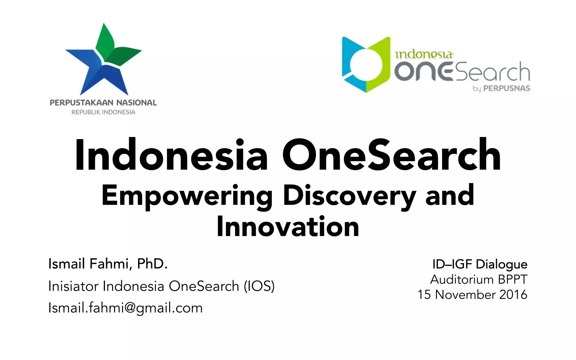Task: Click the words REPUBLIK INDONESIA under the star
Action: [103, 112]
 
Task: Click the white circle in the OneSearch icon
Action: [365, 64]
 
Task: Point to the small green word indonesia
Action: [424, 54]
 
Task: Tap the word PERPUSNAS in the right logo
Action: [507, 88]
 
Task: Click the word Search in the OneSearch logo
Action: [492, 72]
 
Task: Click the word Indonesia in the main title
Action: [171, 156]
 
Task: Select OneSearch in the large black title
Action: [391, 156]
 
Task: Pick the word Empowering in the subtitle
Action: [187, 196]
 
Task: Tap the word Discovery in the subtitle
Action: [349, 196]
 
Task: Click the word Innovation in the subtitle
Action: [288, 227]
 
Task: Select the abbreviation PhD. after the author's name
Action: [152, 264]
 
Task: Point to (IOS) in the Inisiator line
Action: [259, 286]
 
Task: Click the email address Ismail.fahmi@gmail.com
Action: [125, 308]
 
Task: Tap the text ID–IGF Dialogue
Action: [480, 264]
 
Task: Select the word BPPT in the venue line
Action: [512, 280]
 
